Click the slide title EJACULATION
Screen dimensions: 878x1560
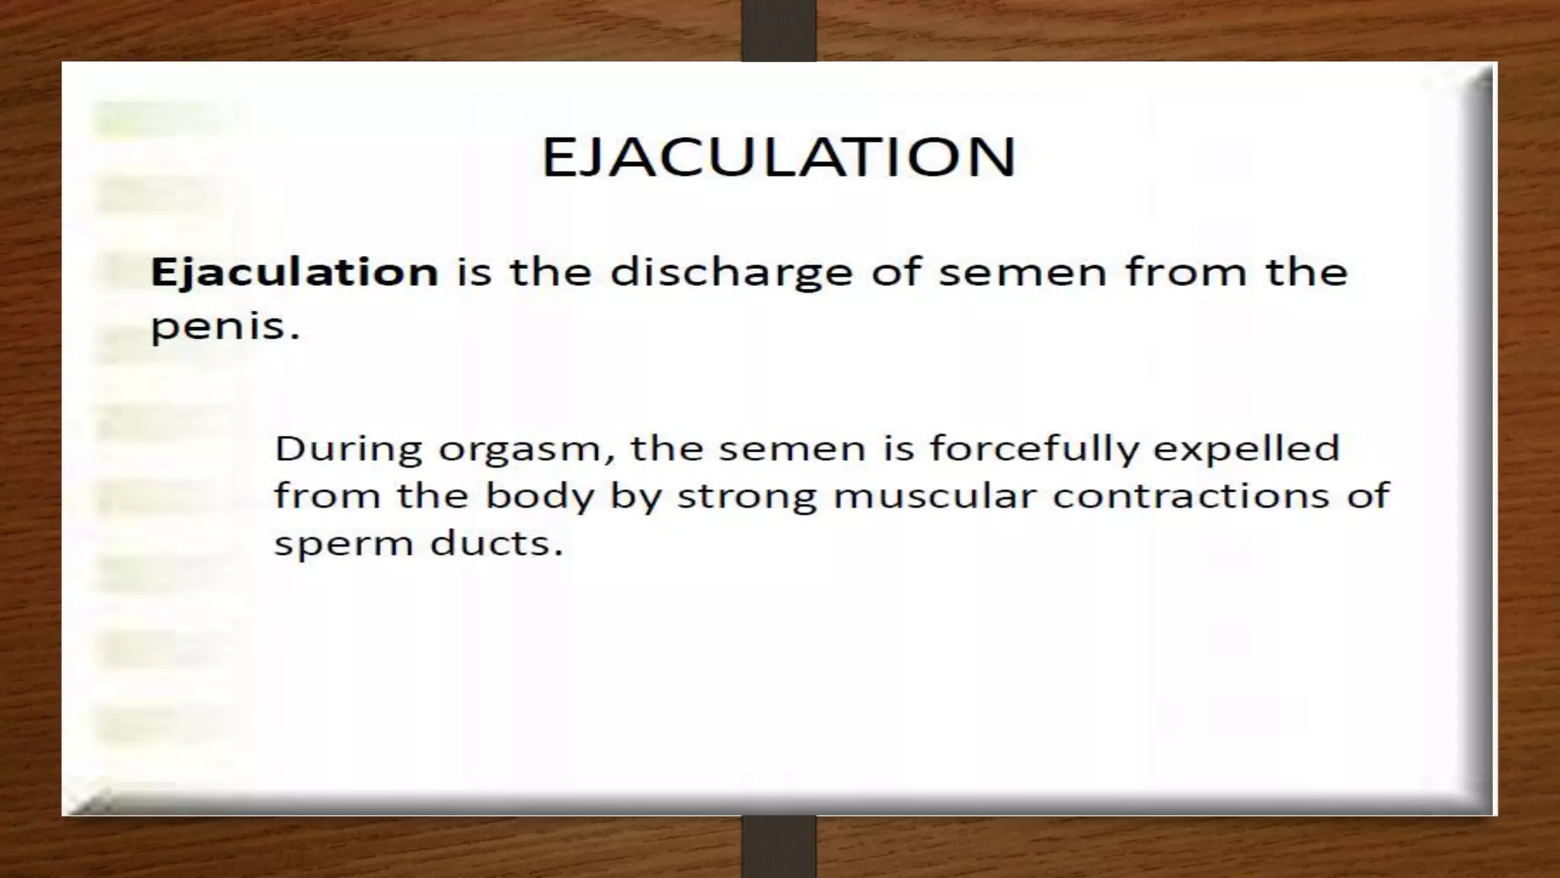pyautogui.click(x=778, y=157)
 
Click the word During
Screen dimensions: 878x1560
pyautogui.click(x=348, y=448)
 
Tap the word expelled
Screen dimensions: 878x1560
pyautogui.click(x=1246, y=450)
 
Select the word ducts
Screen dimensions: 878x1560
pyautogui.click(x=496, y=544)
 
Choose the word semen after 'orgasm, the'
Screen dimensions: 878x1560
pyautogui.click(x=792, y=450)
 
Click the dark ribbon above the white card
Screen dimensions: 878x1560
pyautogui.click(x=778, y=30)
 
